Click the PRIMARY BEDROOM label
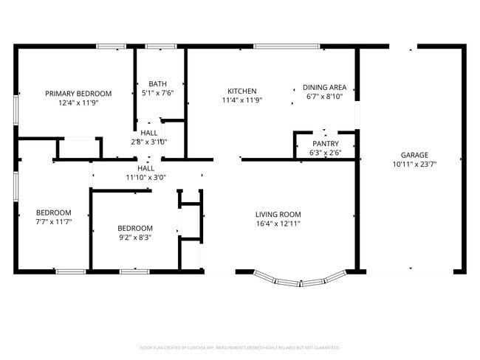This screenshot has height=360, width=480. (78, 94)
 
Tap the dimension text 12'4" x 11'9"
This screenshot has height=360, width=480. (78, 103)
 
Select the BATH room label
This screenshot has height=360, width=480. (157, 84)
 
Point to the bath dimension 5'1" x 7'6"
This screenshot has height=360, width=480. (157, 94)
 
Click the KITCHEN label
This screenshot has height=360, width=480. (241, 91)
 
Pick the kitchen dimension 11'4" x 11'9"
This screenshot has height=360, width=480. (241, 100)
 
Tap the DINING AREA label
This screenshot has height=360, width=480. (326, 87)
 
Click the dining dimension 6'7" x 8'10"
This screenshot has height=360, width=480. (326, 97)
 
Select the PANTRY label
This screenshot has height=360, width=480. (326, 144)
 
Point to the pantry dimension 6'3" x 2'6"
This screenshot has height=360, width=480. (326, 153)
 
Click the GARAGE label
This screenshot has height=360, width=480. (414, 155)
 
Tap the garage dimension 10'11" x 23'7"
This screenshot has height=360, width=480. (414, 165)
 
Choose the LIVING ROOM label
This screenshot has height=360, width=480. (278, 214)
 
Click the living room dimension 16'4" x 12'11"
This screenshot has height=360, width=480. (278, 224)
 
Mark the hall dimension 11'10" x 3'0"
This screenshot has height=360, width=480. (145, 178)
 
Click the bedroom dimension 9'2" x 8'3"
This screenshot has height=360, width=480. (135, 238)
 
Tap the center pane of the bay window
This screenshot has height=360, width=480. (299, 283)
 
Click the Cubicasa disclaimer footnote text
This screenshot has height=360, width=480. (239, 347)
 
